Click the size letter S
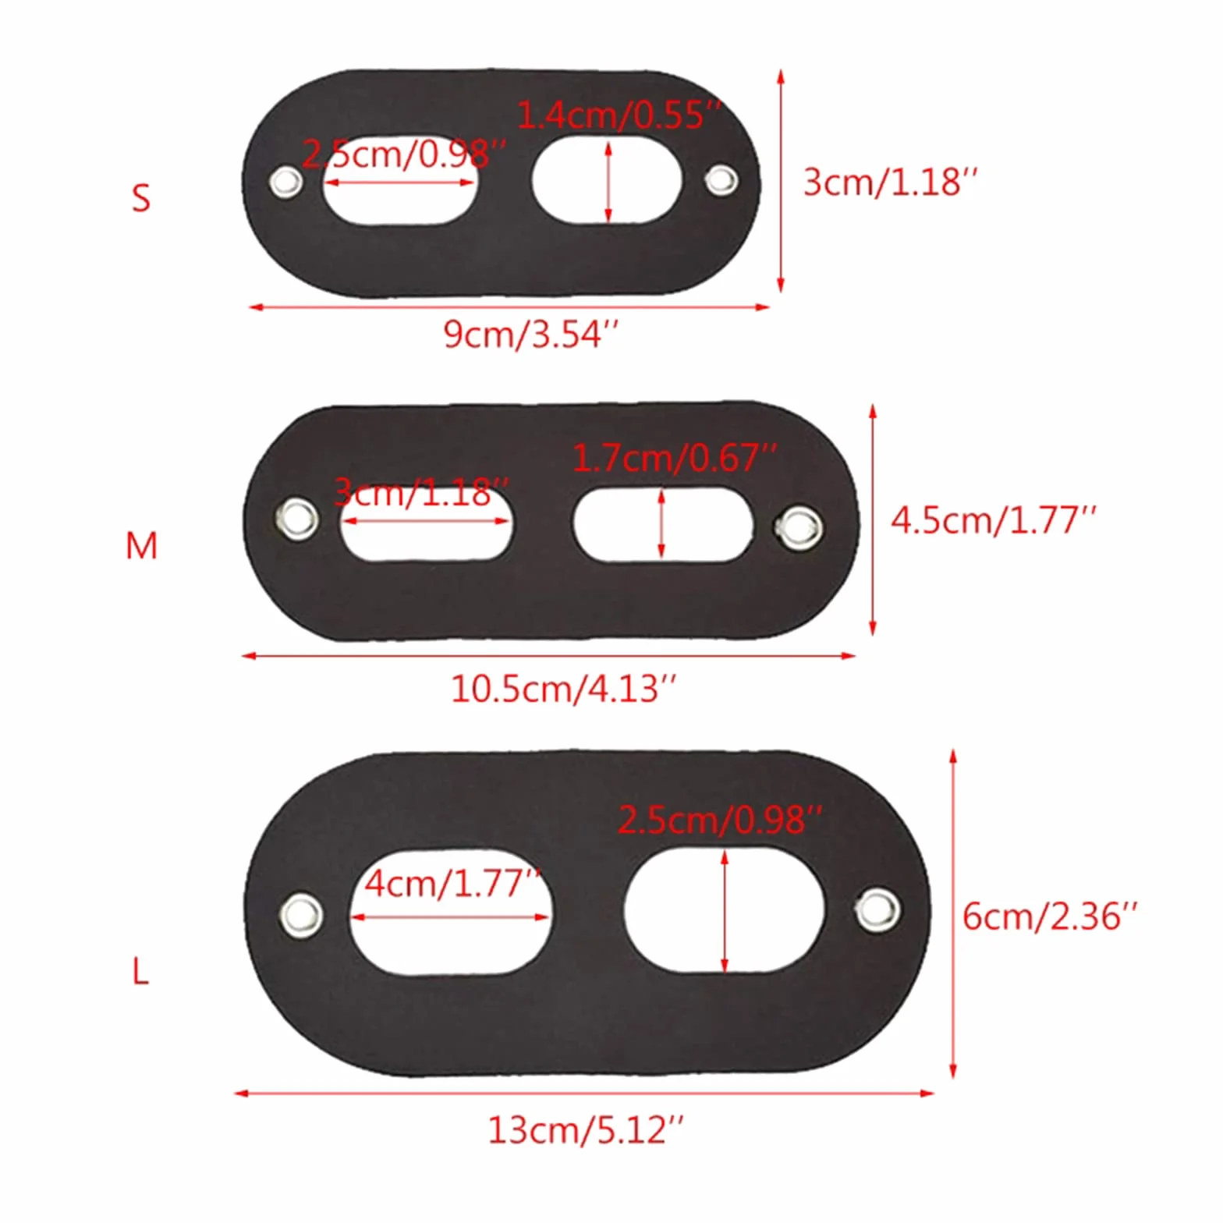coord(140,198)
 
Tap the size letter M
coord(141,545)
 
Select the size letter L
coord(140,972)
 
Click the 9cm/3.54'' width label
coord(531,335)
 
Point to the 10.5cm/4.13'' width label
coord(563,689)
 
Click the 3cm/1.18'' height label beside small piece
coord(890,182)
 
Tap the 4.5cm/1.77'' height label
coord(993,519)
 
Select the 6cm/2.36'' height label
coord(1049,916)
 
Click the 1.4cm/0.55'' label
coord(619,115)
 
